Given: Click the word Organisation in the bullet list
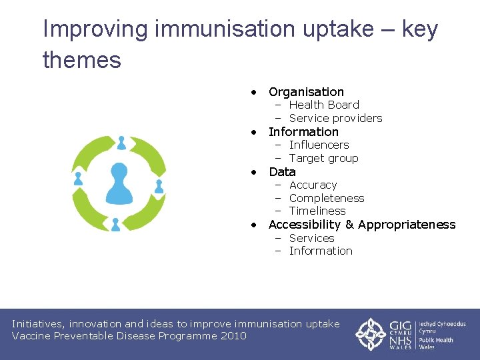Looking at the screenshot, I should pyautogui.click(x=306, y=92).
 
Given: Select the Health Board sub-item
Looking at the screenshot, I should pyautogui.click(x=324, y=105).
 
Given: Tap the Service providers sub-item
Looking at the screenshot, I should pyautogui.click(x=335, y=118).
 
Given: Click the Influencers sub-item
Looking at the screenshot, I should pyautogui.click(x=319, y=145).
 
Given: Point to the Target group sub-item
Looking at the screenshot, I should pyautogui.click(x=323, y=158).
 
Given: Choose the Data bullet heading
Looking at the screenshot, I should pyautogui.click(x=282, y=171).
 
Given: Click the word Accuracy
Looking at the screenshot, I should pyautogui.click(x=313, y=185).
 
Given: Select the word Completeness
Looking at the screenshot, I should pyautogui.click(x=327, y=198).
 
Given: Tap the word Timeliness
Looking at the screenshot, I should pyautogui.click(x=317, y=211).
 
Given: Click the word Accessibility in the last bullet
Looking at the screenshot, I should pyautogui.click(x=304, y=225).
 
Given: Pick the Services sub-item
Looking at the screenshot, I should pyautogui.click(x=311, y=238).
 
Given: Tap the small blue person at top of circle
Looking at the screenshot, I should pyautogui.click(x=121, y=143).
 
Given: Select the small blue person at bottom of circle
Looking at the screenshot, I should pyautogui.click(x=115, y=224).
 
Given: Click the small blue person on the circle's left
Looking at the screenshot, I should pyautogui.click(x=78, y=179).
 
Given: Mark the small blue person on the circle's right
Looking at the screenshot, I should pyautogui.click(x=159, y=186).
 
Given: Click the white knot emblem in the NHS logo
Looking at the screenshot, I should pyautogui.click(x=369, y=334).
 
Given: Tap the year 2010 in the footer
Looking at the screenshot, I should pyautogui.click(x=235, y=336).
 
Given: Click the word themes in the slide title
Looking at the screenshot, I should pyautogui.click(x=81, y=60).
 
